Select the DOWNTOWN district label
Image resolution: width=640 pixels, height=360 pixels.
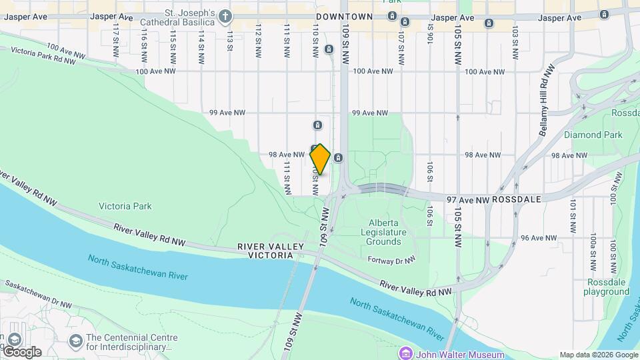pyautogui.click(x=344, y=16)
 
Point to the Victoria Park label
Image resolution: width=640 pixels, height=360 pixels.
pyautogui.click(x=125, y=206)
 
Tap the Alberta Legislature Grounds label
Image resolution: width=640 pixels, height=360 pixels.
pyautogui.click(x=383, y=232)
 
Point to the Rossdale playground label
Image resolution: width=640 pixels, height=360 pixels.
pyautogui.click(x=607, y=287)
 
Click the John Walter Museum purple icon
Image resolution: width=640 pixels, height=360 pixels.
pyautogui.click(x=405, y=352)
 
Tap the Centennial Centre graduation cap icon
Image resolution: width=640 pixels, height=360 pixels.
pyautogui.click(x=75, y=341)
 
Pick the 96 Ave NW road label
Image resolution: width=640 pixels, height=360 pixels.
pyautogui.click(x=539, y=237)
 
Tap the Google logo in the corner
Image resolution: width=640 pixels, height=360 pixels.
pyautogui.click(x=21, y=351)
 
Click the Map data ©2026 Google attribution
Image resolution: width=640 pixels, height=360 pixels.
pyautogui.click(x=598, y=355)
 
